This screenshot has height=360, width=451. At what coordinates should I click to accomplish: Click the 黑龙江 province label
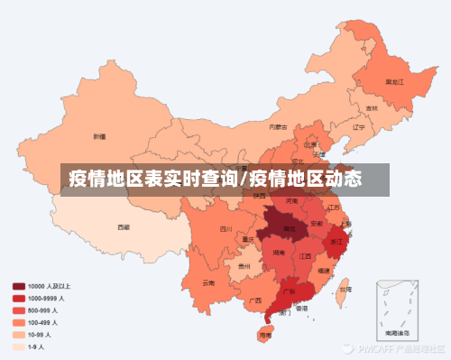(x=394, y=82)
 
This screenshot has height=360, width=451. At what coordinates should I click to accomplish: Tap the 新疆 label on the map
(x=99, y=137)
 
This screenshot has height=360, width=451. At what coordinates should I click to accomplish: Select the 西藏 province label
(x=123, y=227)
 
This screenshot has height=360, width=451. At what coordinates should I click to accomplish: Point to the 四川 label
(x=225, y=229)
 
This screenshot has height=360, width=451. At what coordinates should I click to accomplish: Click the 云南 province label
(x=208, y=282)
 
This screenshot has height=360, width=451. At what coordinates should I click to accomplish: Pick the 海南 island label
(x=264, y=334)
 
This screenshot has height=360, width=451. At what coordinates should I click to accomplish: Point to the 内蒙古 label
(x=280, y=127)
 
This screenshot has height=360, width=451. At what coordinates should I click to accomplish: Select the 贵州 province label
(x=244, y=268)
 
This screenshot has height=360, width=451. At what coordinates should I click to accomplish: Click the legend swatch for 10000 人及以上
(x=19, y=286)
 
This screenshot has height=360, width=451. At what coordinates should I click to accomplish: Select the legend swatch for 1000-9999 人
(x=19, y=298)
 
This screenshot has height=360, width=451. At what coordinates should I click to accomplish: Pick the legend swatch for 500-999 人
(x=19, y=309)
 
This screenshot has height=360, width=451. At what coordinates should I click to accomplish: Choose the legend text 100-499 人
(x=42, y=322)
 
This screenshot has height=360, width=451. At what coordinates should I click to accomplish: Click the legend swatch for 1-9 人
(x=19, y=346)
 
